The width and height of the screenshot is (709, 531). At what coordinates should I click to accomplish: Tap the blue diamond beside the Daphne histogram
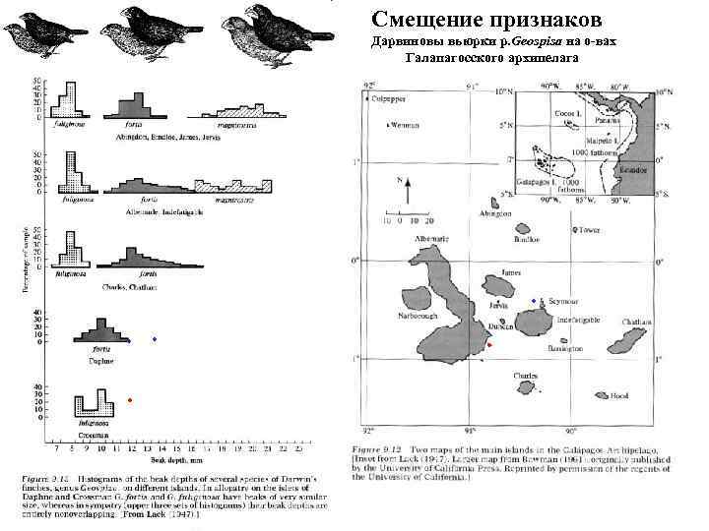[154, 339]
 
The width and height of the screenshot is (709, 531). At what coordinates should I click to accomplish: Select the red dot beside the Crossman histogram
[130, 399]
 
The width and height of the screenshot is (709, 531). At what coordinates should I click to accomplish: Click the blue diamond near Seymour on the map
[534, 300]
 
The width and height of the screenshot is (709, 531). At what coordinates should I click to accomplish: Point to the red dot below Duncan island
[489, 345]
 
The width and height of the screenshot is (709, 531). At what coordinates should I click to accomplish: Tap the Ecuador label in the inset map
[634, 167]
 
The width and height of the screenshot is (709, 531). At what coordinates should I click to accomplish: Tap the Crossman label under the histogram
[96, 435]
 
